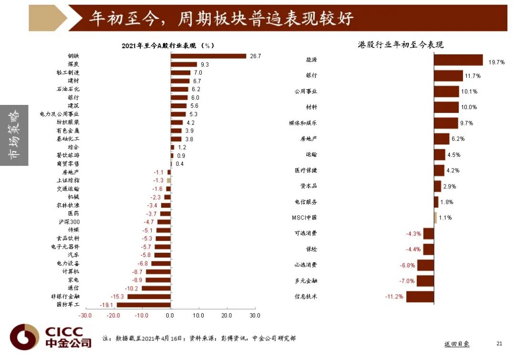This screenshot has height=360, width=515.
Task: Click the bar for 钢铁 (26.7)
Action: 208,56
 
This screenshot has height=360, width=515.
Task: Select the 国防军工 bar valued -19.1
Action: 144,305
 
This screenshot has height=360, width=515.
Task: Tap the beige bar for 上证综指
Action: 169,180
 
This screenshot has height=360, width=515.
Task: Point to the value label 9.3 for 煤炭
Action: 205,64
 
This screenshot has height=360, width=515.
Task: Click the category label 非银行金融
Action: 65,296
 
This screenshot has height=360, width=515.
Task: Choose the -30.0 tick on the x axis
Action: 85,316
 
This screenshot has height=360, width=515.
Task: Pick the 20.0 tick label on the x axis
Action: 227,316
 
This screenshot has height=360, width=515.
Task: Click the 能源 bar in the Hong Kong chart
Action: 458,60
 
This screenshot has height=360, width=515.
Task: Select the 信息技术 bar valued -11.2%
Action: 420,296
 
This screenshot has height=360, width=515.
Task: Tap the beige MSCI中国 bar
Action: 435,217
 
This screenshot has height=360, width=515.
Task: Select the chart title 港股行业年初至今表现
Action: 401,45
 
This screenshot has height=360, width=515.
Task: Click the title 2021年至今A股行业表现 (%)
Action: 167,45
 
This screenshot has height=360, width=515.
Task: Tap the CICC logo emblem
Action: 24,337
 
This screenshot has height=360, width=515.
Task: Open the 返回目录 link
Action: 456,343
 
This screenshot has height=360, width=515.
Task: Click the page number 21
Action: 499,343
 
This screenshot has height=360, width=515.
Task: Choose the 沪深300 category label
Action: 68,222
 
